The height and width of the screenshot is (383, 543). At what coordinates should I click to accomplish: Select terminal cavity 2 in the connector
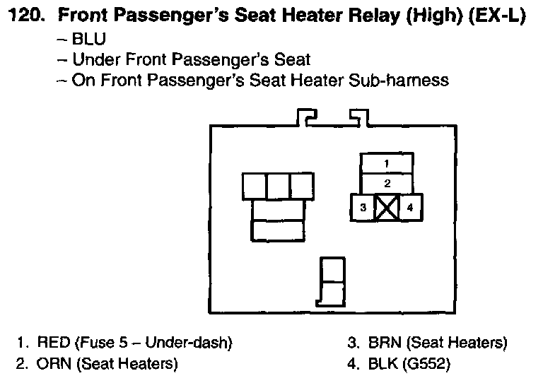coord(387,183)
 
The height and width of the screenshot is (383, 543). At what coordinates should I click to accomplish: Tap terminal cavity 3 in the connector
coord(363,208)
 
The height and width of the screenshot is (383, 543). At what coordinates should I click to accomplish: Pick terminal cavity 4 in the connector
coord(410,208)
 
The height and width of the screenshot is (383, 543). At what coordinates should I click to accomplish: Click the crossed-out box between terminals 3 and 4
coord(387,208)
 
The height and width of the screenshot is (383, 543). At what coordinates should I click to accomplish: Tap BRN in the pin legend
coord(385,343)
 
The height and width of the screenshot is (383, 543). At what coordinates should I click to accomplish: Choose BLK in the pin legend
coord(384,365)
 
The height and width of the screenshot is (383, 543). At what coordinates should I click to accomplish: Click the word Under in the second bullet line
coord(98,59)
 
